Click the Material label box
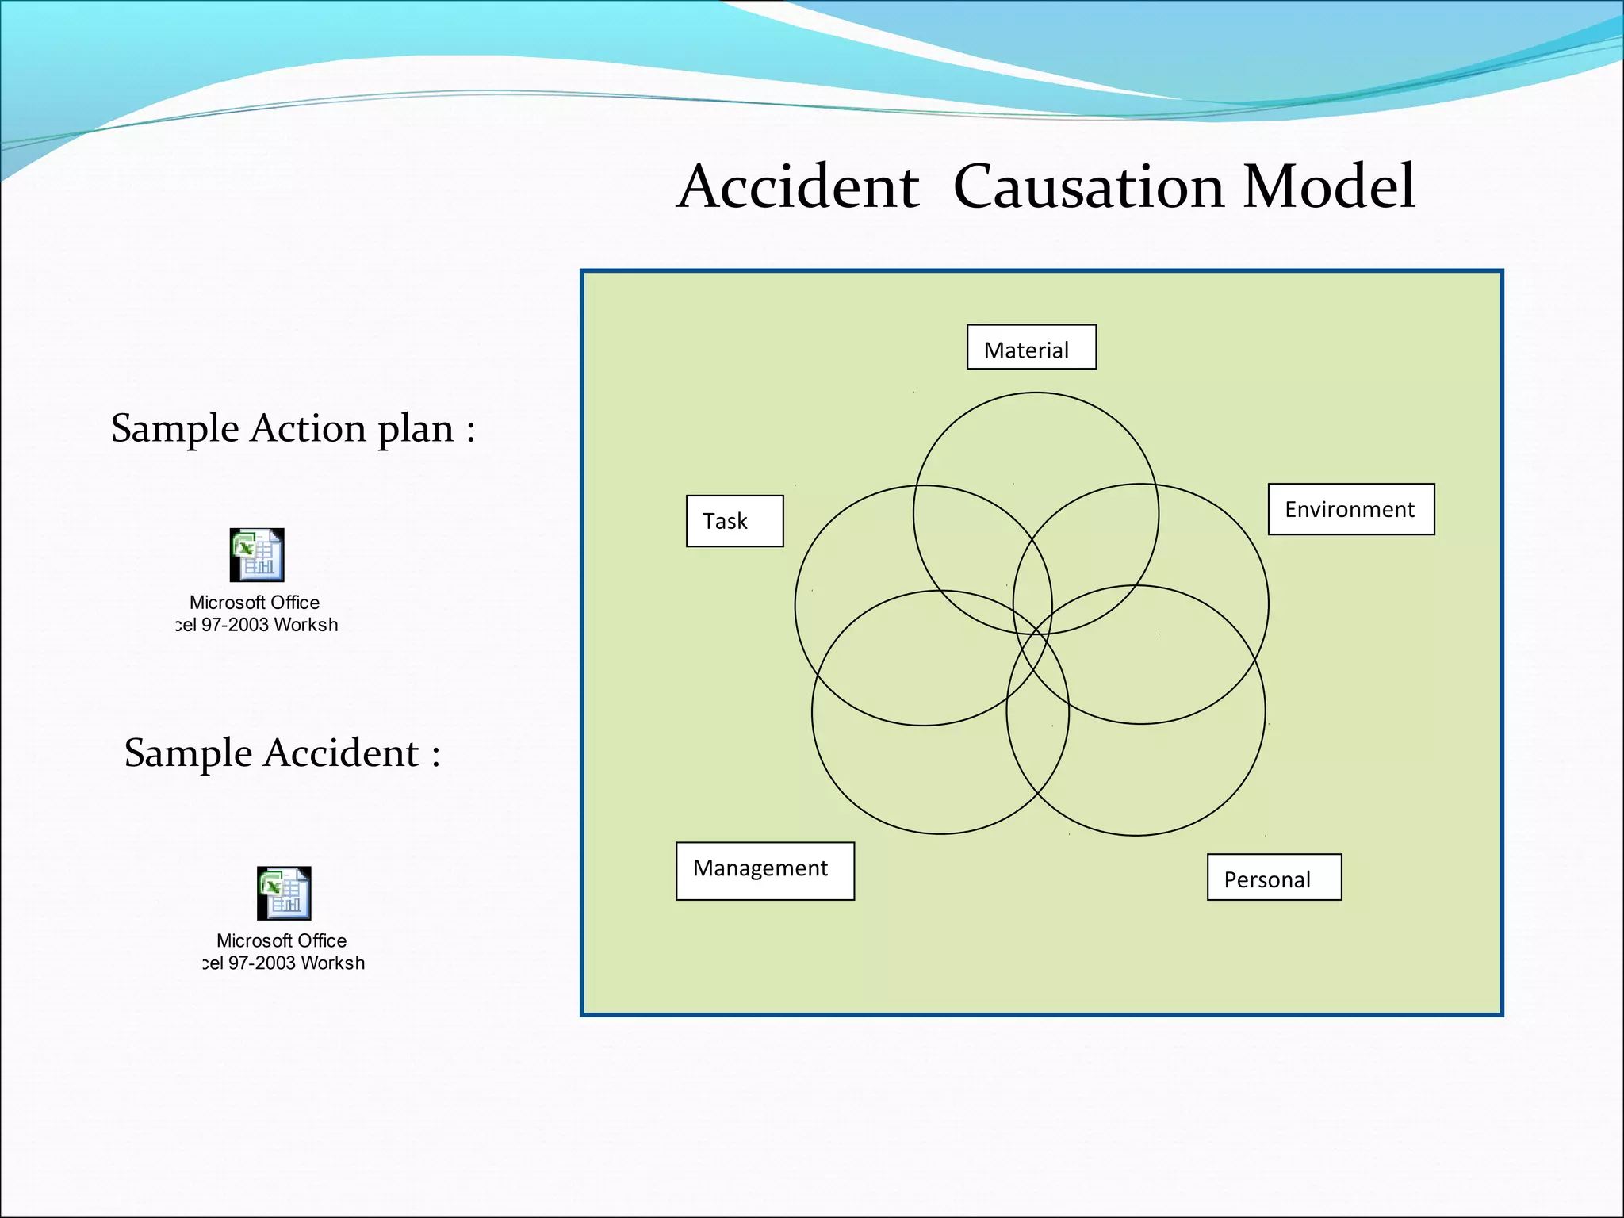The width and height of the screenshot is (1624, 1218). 1031,347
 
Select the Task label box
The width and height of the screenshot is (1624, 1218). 734,521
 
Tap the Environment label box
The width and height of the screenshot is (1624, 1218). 1350,509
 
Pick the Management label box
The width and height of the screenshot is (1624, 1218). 764,871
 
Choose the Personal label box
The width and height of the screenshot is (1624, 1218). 1274,877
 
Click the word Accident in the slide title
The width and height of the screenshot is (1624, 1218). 798,187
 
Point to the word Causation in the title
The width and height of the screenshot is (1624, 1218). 1088,187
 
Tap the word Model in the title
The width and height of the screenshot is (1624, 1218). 1329,187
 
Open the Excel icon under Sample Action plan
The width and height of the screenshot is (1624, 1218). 257,555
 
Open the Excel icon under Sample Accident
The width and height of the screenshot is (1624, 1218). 284,893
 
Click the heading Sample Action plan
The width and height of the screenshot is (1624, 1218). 293,429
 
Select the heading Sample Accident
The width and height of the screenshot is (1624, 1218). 282,753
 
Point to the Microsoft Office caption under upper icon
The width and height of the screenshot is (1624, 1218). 255,603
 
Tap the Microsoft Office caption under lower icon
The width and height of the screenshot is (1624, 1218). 282,940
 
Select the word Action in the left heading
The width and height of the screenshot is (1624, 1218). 310,429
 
